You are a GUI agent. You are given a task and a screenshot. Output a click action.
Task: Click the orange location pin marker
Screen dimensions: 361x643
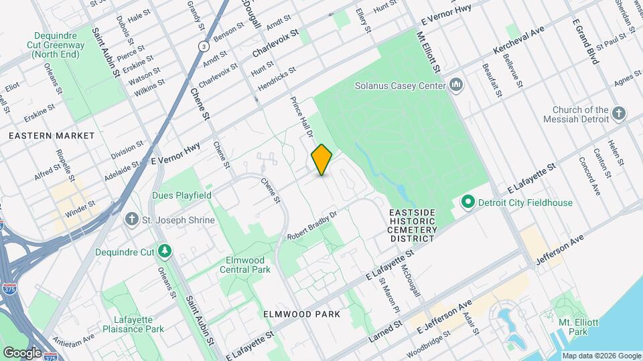coord(321,160)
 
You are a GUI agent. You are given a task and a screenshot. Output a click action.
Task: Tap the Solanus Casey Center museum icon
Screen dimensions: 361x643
coord(457,86)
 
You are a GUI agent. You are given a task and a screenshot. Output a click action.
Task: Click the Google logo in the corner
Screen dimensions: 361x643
coord(22,352)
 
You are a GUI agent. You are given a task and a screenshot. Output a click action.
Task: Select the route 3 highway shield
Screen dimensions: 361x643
coord(202,46)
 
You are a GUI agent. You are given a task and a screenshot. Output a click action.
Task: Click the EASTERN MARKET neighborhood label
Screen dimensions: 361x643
coord(52,136)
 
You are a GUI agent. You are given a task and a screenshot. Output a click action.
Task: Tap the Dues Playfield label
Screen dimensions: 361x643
coord(182,195)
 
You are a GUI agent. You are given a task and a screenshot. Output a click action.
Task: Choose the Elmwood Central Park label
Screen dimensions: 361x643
coord(245,265)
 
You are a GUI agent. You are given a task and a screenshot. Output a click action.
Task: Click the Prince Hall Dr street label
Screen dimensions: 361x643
coord(301,117)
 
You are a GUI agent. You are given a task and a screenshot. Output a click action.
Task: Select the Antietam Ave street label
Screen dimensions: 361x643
coord(75,340)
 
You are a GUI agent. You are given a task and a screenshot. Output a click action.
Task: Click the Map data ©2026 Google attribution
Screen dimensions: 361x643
coord(601,356)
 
